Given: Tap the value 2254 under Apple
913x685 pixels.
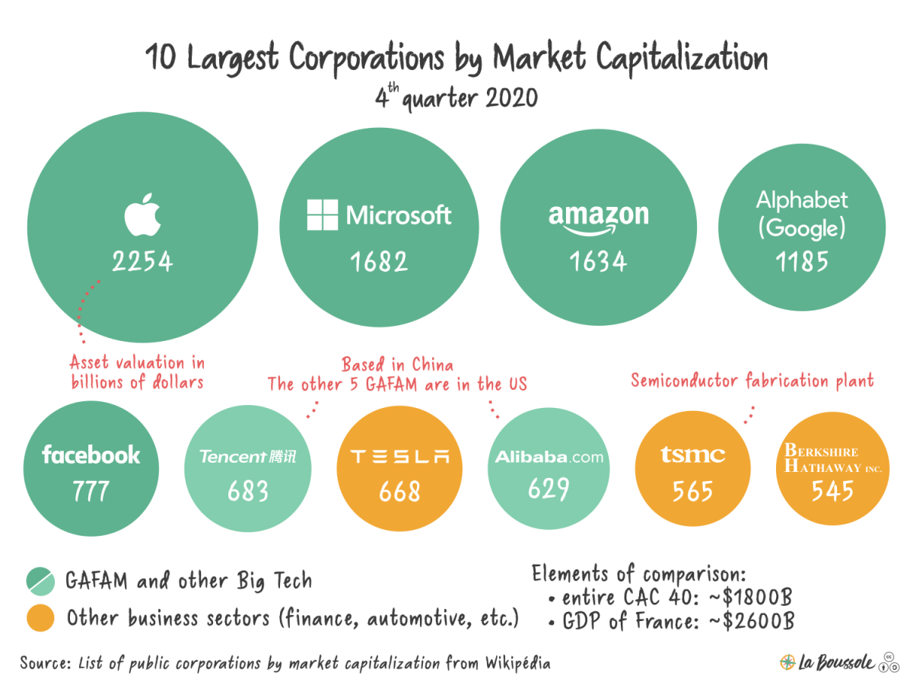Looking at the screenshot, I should (x=143, y=262).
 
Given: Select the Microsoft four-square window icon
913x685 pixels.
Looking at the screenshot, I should (x=323, y=215).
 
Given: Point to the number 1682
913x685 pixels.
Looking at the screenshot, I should (x=379, y=262).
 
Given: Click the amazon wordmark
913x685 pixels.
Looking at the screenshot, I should (x=599, y=217).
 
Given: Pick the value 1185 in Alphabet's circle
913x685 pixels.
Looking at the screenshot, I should (x=802, y=262).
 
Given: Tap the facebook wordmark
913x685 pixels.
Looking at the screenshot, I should (x=91, y=455).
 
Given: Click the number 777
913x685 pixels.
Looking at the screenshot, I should (x=91, y=491).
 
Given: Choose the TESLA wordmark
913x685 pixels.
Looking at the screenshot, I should (x=399, y=457).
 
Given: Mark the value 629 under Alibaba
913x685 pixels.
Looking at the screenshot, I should (x=549, y=489).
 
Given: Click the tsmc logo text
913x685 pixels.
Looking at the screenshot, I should (x=693, y=455).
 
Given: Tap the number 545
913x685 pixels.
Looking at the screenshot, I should (x=832, y=491).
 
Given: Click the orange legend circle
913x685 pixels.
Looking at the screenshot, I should (x=40, y=617).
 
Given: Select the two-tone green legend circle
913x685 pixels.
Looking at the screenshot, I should (x=40, y=581).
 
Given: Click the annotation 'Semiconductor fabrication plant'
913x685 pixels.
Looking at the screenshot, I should (x=752, y=380).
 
